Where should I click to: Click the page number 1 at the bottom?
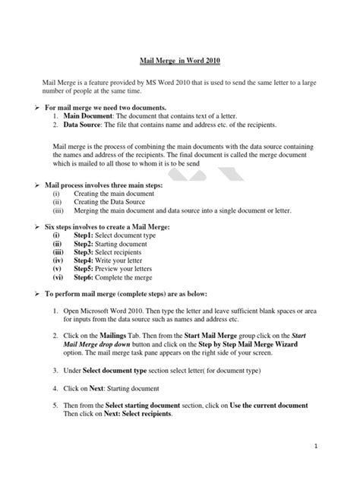(x=333, y=460)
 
